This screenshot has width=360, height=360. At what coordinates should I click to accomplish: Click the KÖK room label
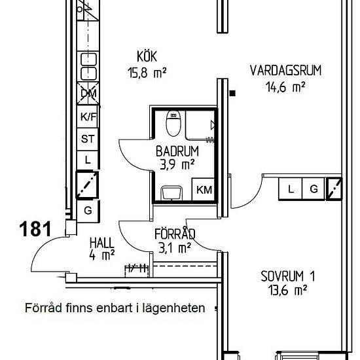[147, 56]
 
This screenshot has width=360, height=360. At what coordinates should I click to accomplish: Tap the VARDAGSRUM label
[285, 71]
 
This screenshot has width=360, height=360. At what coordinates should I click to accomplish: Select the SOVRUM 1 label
[288, 276]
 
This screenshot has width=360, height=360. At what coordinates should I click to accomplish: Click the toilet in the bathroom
[173, 124]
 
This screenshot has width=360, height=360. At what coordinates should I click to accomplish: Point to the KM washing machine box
[204, 189]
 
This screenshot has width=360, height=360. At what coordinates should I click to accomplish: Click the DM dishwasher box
[88, 94]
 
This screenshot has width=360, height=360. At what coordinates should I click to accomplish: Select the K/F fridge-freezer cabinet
[88, 117]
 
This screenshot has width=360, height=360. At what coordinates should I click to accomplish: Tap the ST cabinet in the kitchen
[88, 139]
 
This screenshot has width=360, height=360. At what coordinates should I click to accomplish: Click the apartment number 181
[35, 229]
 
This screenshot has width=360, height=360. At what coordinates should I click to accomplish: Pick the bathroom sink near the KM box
[172, 193]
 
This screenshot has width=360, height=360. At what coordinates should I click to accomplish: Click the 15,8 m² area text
[147, 73]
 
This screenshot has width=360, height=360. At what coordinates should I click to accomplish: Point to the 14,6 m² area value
[285, 87]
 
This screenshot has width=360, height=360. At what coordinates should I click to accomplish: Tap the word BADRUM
[177, 151]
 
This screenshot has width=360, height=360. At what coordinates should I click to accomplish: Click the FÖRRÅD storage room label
[175, 234]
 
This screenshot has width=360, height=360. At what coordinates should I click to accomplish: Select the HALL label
[101, 243]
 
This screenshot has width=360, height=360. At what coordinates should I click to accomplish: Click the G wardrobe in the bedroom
[314, 189]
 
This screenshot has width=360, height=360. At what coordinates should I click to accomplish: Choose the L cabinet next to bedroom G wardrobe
[291, 189]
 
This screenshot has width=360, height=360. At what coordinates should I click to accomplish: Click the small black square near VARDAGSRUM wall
[232, 93]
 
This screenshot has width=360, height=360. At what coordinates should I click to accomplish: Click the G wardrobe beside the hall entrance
[88, 211]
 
